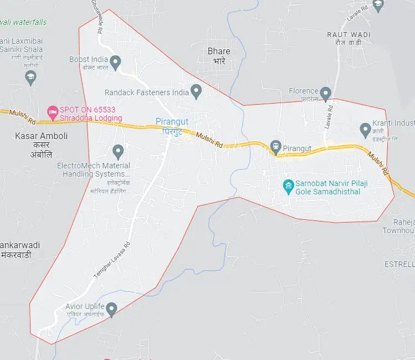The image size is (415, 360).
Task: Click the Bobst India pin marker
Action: coord(116,63)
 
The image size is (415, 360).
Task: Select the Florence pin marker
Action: coord(326,93)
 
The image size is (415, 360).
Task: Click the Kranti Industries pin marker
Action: coord(365,130)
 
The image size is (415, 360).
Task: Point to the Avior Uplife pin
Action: coord(112,309)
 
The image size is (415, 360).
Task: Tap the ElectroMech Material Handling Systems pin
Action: coord(117,151)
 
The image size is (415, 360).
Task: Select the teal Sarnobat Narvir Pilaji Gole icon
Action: coord(288,185)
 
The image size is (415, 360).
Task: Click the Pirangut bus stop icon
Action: coord(275,147)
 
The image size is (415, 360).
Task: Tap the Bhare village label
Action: coord(219,52)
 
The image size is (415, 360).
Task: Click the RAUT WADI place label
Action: coord(349,34)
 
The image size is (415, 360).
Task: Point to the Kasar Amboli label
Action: coord(42,136)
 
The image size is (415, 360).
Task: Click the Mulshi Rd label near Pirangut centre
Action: coord(210,138)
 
